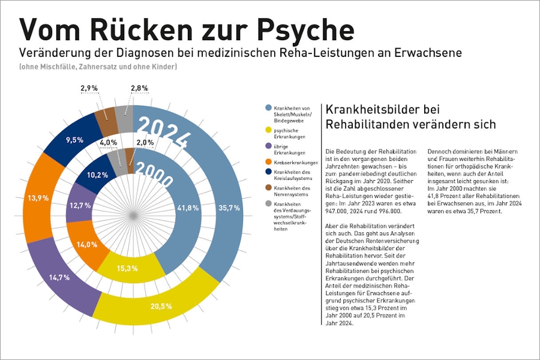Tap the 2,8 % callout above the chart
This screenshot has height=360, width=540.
coord(139,88)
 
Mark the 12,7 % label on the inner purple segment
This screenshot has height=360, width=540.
coord(80,205)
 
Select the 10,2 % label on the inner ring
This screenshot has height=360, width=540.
coord(98,175)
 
